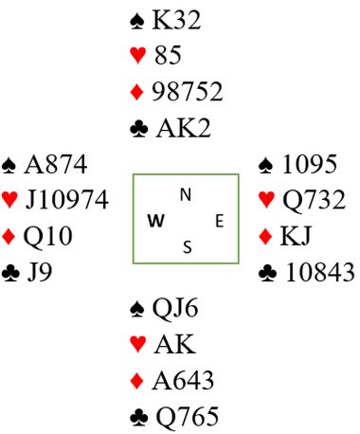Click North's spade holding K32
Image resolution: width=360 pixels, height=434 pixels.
click(x=176, y=20)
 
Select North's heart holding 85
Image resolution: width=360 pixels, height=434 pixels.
click(x=168, y=55)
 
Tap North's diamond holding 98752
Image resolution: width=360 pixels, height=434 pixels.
click(x=188, y=92)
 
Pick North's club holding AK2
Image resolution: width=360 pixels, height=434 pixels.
click(x=183, y=128)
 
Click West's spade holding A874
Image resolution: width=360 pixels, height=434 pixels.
click(x=56, y=164)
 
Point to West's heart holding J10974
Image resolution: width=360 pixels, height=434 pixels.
click(x=67, y=200)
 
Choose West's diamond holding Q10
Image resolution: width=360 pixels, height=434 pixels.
click(x=48, y=236)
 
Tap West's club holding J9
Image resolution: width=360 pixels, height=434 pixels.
click(x=40, y=272)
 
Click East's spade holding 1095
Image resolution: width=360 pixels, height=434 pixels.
click(x=310, y=164)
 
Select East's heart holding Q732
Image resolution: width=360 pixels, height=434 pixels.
click(x=314, y=200)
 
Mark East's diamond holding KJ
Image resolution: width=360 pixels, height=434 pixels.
click(x=296, y=236)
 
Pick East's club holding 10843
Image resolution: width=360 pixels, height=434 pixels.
click(x=319, y=272)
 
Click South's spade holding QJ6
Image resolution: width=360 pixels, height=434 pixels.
click(x=175, y=309)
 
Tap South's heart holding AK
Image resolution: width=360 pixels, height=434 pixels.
click(x=175, y=344)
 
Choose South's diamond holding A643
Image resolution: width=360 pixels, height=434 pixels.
click(x=183, y=381)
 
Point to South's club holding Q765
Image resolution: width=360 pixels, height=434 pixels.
click(x=188, y=417)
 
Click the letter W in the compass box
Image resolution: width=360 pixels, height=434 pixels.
click(x=156, y=221)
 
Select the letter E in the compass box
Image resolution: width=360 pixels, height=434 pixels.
click(x=220, y=221)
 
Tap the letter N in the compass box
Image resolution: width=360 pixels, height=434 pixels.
click(x=186, y=194)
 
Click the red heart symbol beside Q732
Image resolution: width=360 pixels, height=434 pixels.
click(x=266, y=200)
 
